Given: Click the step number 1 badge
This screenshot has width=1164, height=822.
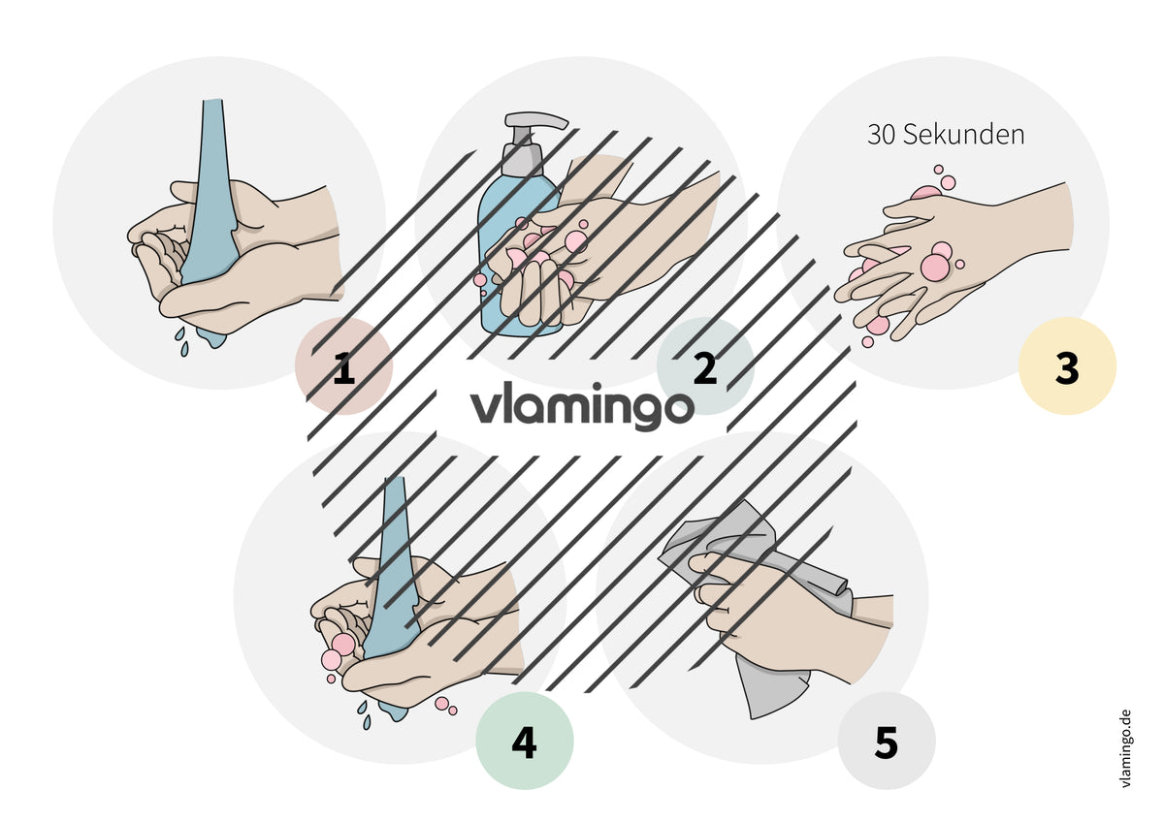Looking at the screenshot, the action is click(343, 365).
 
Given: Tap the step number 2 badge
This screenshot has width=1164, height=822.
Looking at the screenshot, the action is click(705, 365).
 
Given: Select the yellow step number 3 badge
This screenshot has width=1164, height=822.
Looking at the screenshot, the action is click(1067, 365).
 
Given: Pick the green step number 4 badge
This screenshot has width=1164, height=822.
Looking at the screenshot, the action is click(525, 741).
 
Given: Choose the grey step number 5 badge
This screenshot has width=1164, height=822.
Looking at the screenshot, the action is click(887, 741).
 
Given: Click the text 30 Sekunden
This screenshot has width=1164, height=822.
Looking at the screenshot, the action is click(946, 135).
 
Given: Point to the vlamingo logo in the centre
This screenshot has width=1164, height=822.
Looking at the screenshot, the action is click(582, 406).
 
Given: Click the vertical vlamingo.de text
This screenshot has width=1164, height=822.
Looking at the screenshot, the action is click(1125, 748).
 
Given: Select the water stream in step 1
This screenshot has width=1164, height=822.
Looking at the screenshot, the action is click(210, 218).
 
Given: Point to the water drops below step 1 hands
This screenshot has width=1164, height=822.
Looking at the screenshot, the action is click(182, 341).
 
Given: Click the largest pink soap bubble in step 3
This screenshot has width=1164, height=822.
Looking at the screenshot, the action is click(935, 267).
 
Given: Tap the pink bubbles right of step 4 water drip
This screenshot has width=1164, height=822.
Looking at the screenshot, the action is click(446, 706).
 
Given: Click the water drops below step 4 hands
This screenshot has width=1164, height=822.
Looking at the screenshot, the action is click(364, 715).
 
